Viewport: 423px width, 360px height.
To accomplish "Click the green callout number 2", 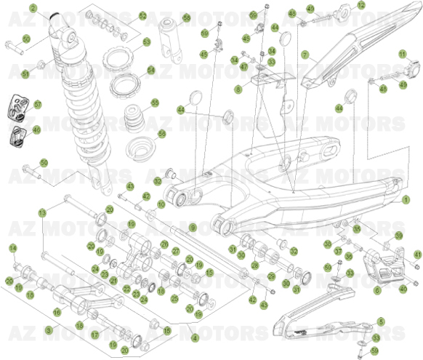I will tap(32, 8).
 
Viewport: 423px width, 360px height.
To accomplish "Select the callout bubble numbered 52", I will tap(142, 16).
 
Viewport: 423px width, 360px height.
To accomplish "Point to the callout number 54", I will tap(151, 71).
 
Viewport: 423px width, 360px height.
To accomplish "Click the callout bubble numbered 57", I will tap(38, 105).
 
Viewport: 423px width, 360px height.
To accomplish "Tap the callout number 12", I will tap(361, 5).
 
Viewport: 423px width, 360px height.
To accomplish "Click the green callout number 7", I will tap(305, 54).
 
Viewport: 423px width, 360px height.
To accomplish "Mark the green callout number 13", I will tap(42, 212).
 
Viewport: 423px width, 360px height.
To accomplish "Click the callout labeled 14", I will tap(12, 249).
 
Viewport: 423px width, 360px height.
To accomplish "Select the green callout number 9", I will tap(193, 228).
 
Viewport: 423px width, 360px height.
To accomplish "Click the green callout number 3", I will tap(49, 329).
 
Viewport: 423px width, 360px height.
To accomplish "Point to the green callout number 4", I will tap(194, 337).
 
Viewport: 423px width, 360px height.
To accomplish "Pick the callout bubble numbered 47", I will tap(243, 65).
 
